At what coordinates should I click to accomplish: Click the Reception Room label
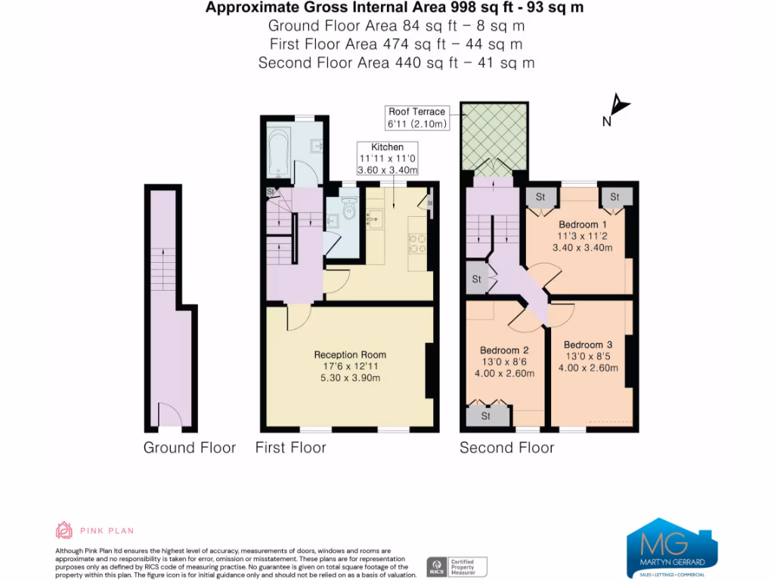pyautogui.click(x=350, y=355)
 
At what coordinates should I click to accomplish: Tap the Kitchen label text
pyautogui.click(x=386, y=147)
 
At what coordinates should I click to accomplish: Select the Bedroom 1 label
pyautogui.click(x=582, y=224)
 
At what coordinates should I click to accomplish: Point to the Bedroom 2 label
pyautogui.click(x=503, y=350)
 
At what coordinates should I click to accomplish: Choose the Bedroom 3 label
pyautogui.click(x=588, y=345)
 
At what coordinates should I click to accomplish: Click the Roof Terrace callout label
pyautogui.click(x=416, y=112)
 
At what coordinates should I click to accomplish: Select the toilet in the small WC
pyautogui.click(x=348, y=207)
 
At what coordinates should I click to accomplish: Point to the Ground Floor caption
pyautogui.click(x=190, y=448)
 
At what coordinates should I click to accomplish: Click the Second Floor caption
pyautogui.click(x=506, y=448)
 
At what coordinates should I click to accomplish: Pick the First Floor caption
pyautogui.click(x=291, y=448)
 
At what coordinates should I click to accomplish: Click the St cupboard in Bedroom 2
pyautogui.click(x=485, y=415)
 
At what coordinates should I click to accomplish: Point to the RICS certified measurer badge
pyautogui.click(x=457, y=566)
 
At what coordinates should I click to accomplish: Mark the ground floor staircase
pyautogui.click(x=163, y=270)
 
